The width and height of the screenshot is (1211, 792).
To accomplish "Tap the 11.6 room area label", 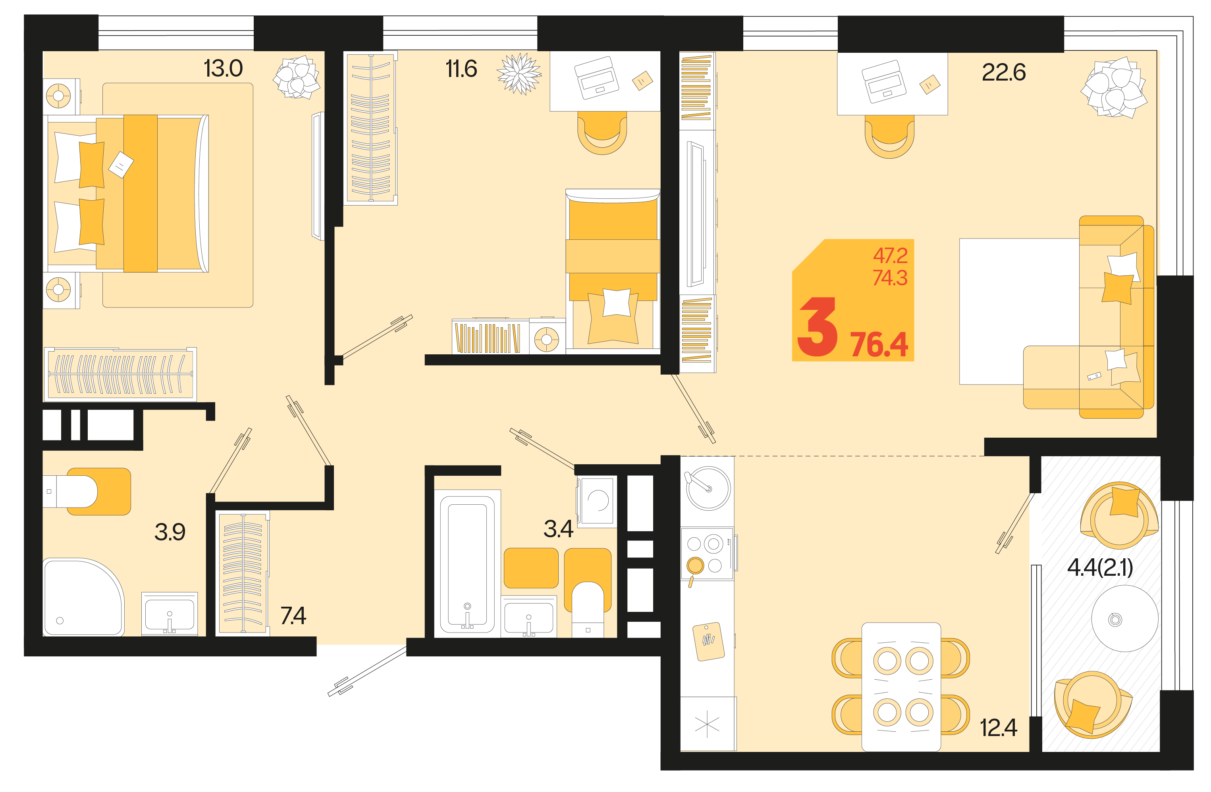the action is pos(461,69).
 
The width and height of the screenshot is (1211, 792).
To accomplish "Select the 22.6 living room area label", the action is pos(1003,72).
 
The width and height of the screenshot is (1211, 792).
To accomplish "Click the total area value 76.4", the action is pos(879,345).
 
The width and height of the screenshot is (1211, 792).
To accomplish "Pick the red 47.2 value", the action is pos(891,255).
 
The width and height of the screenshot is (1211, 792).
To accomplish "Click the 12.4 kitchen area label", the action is pos(998,727).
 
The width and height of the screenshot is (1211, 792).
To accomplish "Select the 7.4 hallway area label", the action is pos(293,615).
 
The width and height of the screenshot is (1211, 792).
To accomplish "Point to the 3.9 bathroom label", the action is pos(170,532).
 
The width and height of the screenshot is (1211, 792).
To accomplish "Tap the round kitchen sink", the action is pos(708,488).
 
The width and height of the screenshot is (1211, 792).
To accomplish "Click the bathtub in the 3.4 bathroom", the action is pos(467,563).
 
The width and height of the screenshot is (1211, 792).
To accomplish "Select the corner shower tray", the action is pos(83,597).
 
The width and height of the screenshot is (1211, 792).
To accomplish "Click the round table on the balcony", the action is pos(1124,618).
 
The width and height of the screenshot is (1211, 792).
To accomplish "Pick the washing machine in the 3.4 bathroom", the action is pos(597,501).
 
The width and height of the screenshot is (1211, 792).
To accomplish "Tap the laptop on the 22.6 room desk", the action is pos(884,81).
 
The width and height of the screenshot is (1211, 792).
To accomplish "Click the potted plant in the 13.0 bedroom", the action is pos(296,77).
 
